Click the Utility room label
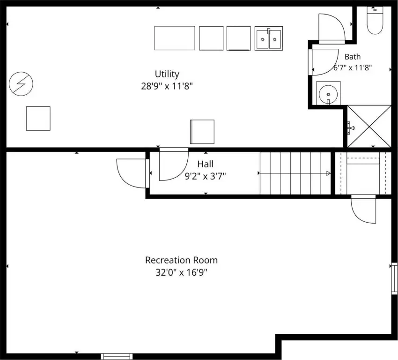click(x=167, y=74)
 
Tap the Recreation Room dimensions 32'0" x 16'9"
click(x=182, y=273)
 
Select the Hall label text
click(x=206, y=164)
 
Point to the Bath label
click(x=353, y=57)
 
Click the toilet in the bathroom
click(x=375, y=20)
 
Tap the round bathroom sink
click(x=328, y=93)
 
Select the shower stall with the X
click(x=369, y=126)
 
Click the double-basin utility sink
click(x=269, y=38)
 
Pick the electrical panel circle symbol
click(x=21, y=83)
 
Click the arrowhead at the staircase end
click(x=328, y=173)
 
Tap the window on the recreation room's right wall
click(x=394, y=278)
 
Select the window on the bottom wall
click(x=117, y=356)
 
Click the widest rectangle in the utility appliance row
click(x=175, y=38)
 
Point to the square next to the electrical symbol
click(x=38, y=119)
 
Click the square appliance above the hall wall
click(x=202, y=132)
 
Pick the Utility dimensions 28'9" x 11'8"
click(x=167, y=86)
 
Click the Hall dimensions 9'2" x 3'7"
click(x=206, y=176)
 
